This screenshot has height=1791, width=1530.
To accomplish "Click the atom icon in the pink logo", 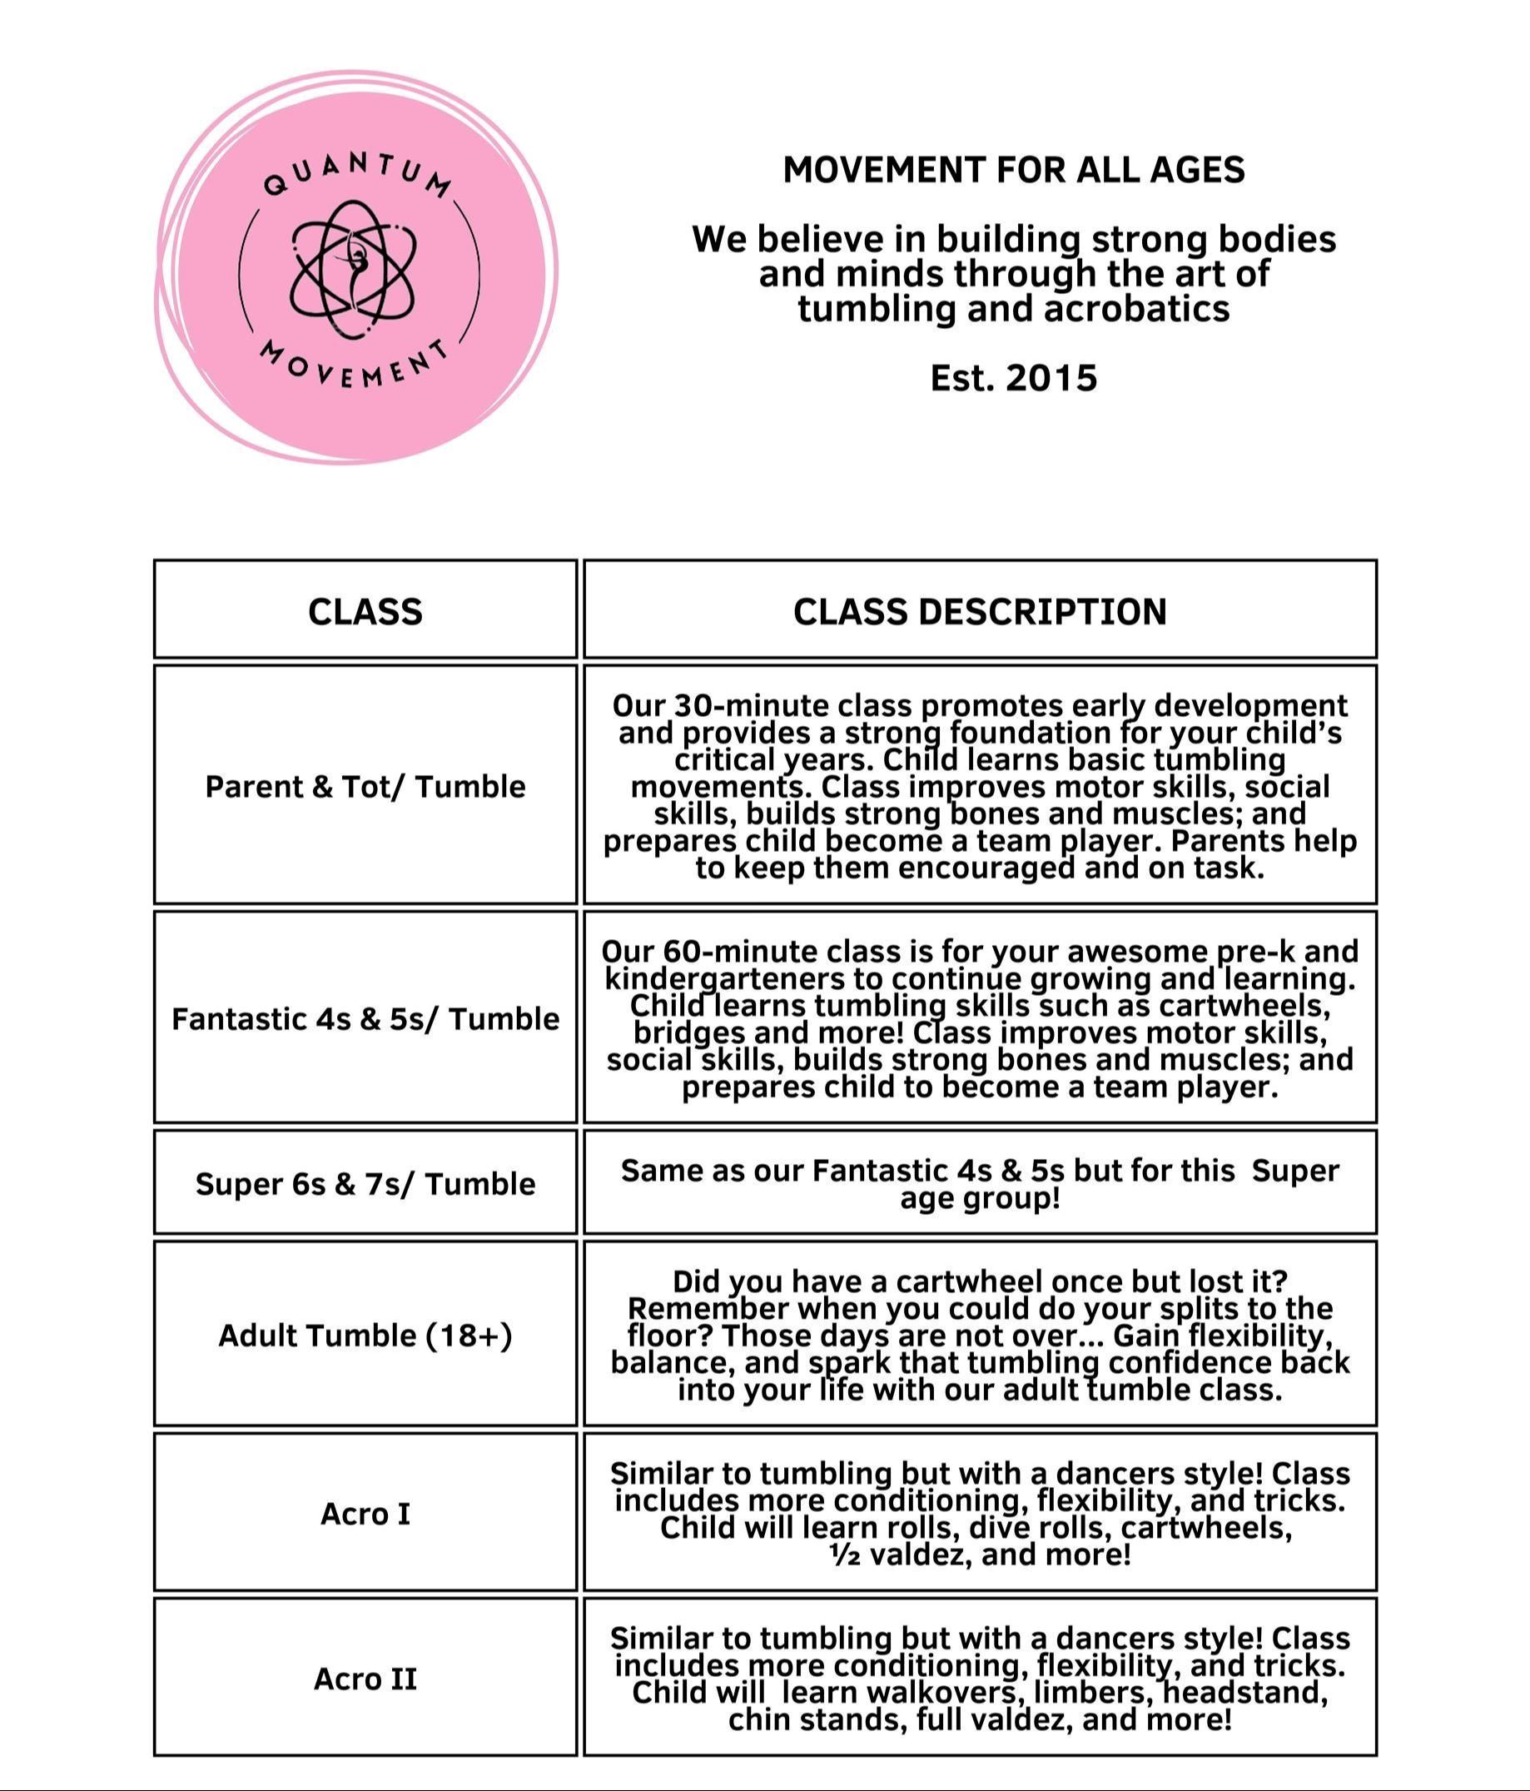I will coord(355,268).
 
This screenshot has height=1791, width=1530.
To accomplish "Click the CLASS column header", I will coord(365,611).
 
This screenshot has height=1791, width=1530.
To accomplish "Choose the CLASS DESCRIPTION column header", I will coord(980,611).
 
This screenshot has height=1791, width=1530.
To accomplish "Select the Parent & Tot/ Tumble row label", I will coord(365,787).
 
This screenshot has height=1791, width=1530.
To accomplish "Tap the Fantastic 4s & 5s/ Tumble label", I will coord(365,1018).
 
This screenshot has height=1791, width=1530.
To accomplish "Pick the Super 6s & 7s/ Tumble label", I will coord(365,1183).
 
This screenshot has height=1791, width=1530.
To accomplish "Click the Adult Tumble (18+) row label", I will coord(365,1336).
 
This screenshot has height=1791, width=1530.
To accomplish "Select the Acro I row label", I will coord(365,1514).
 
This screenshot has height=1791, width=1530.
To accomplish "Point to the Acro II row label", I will coord(365,1679).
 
